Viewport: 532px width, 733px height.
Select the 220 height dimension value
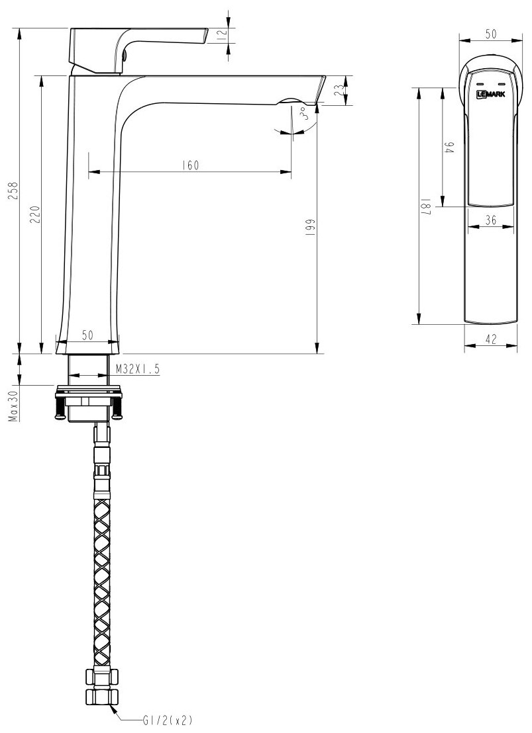tap(35, 214)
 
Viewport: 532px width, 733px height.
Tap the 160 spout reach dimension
tap(189, 165)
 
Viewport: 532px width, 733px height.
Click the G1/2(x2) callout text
tap(167, 720)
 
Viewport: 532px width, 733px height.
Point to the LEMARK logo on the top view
tap(491, 95)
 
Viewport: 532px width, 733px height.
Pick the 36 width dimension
tap(491, 220)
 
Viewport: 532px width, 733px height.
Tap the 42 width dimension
tap(491, 339)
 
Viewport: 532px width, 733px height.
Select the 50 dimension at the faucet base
tap(87, 335)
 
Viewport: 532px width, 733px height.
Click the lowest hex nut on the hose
tap(101, 697)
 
